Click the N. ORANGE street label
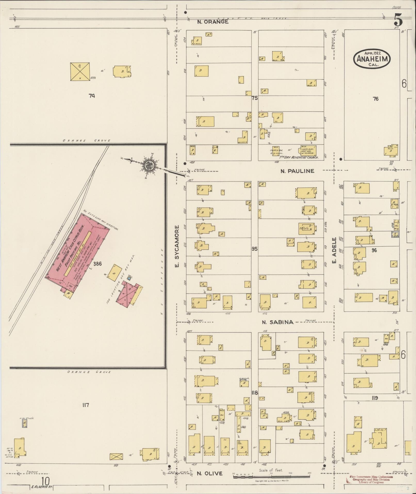213,22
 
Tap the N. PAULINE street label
297,171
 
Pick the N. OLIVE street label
209,473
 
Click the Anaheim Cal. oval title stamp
372,59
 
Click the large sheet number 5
398,20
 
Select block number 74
92,96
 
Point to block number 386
98,264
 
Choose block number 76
376,99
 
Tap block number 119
374,398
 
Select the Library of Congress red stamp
371,479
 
